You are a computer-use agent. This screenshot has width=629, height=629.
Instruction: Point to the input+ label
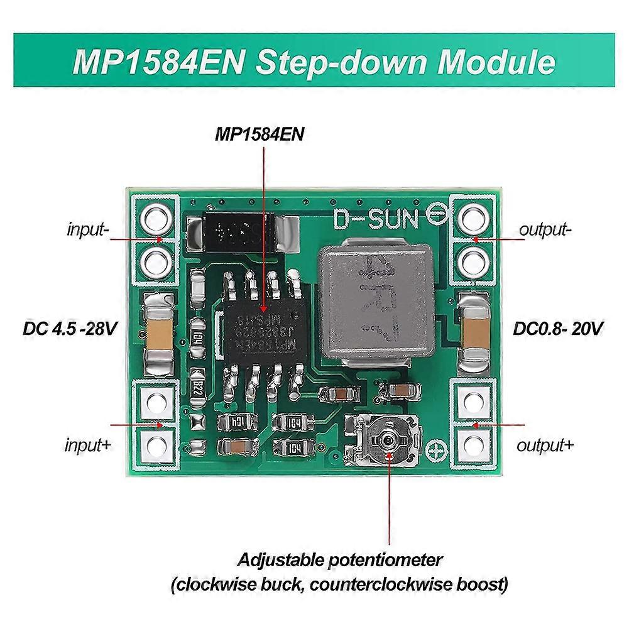click(x=88, y=446)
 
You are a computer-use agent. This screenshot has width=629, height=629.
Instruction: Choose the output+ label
click(x=545, y=446)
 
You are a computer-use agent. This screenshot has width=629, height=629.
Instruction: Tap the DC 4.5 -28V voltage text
click(x=70, y=328)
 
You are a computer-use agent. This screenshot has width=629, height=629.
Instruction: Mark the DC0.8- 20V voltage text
click(x=559, y=328)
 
